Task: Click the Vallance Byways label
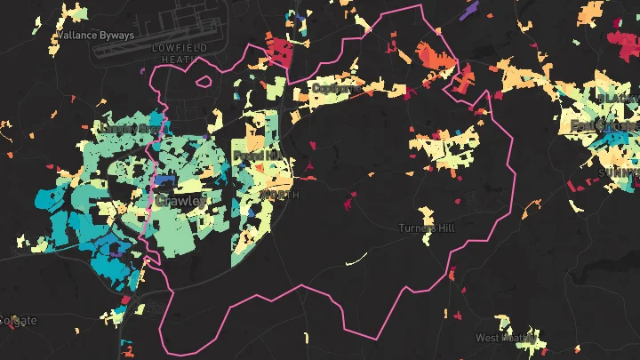pos(94,36)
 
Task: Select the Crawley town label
pos(180,201)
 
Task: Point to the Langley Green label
pos(134,128)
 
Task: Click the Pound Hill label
pos(256,156)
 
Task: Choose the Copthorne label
pos(337,88)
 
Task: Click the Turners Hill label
pos(427,228)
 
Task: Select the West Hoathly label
pos(508,338)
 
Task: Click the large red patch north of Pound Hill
pos(283,52)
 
